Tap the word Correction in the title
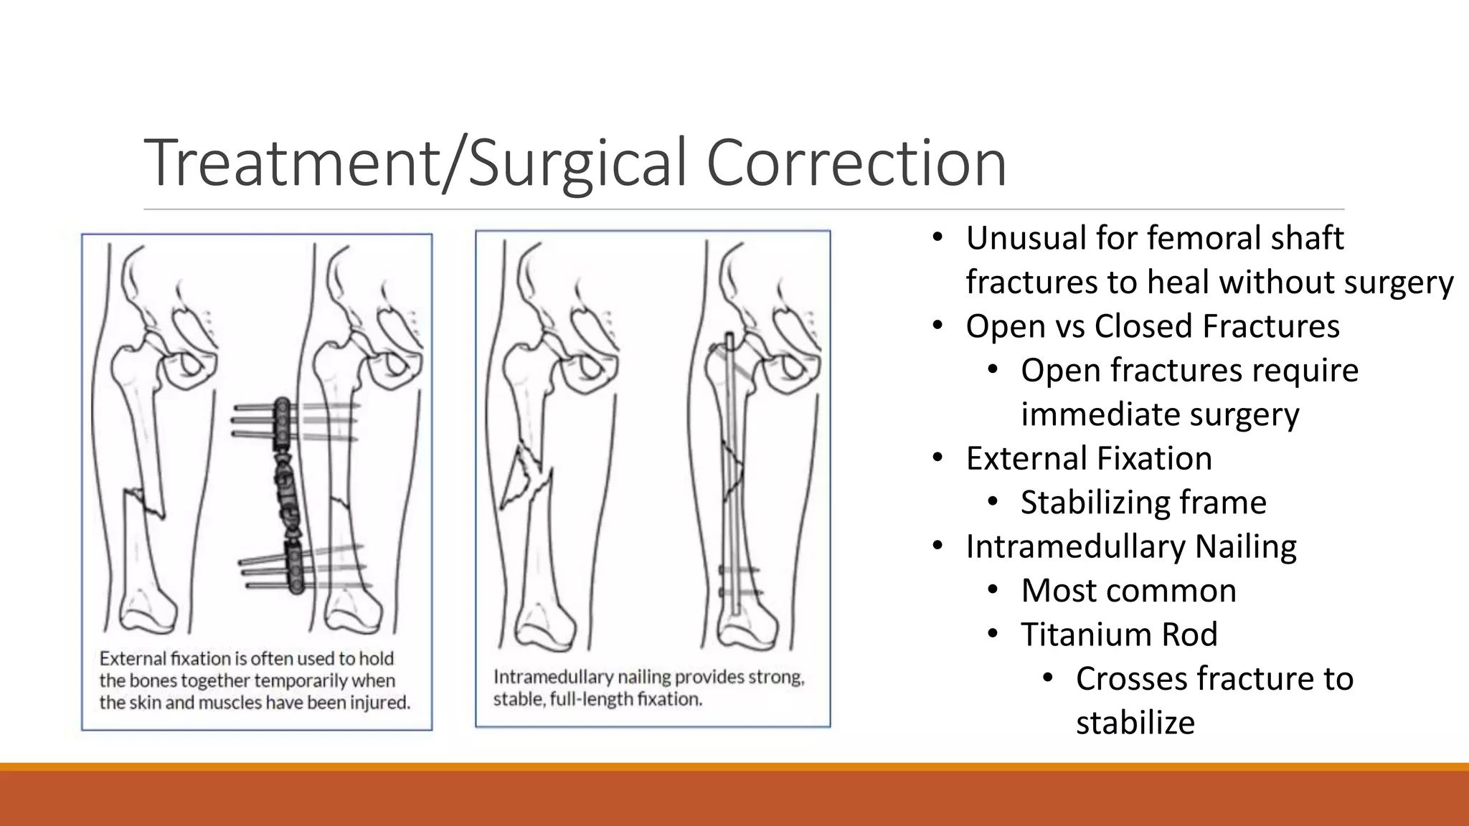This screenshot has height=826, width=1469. click(x=856, y=163)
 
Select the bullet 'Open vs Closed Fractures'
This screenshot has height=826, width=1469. click(x=1152, y=326)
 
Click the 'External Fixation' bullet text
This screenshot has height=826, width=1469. click(x=1088, y=458)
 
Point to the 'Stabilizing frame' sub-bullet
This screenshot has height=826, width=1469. click(x=1143, y=503)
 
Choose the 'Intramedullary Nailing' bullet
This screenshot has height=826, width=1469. click(x=1130, y=546)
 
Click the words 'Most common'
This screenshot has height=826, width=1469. click(x=1128, y=591)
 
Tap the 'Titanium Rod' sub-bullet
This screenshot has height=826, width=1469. click(x=1119, y=635)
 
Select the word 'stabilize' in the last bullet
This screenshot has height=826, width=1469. click(x=1135, y=723)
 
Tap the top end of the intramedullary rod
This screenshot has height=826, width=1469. click(x=729, y=338)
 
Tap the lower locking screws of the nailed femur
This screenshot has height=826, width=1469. click(x=739, y=581)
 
